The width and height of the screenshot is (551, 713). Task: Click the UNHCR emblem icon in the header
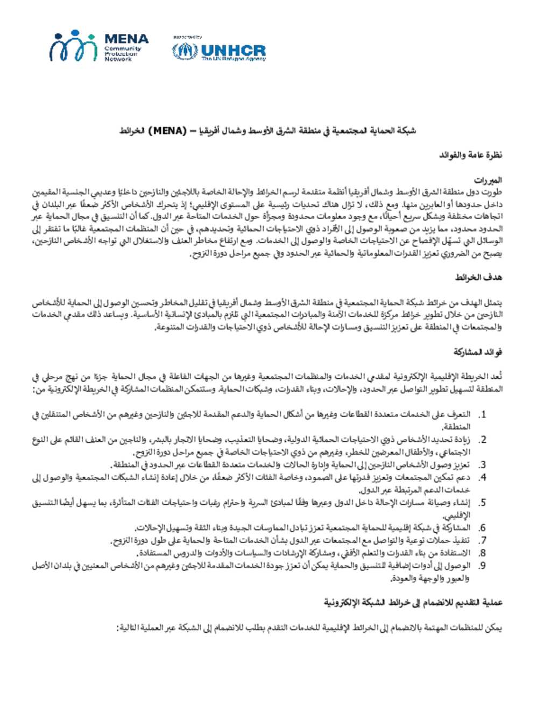click(x=185, y=51)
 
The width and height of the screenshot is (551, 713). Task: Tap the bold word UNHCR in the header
click(x=233, y=50)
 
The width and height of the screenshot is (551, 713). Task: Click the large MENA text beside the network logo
click(x=126, y=39)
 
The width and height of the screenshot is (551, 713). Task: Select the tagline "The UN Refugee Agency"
click(x=233, y=59)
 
